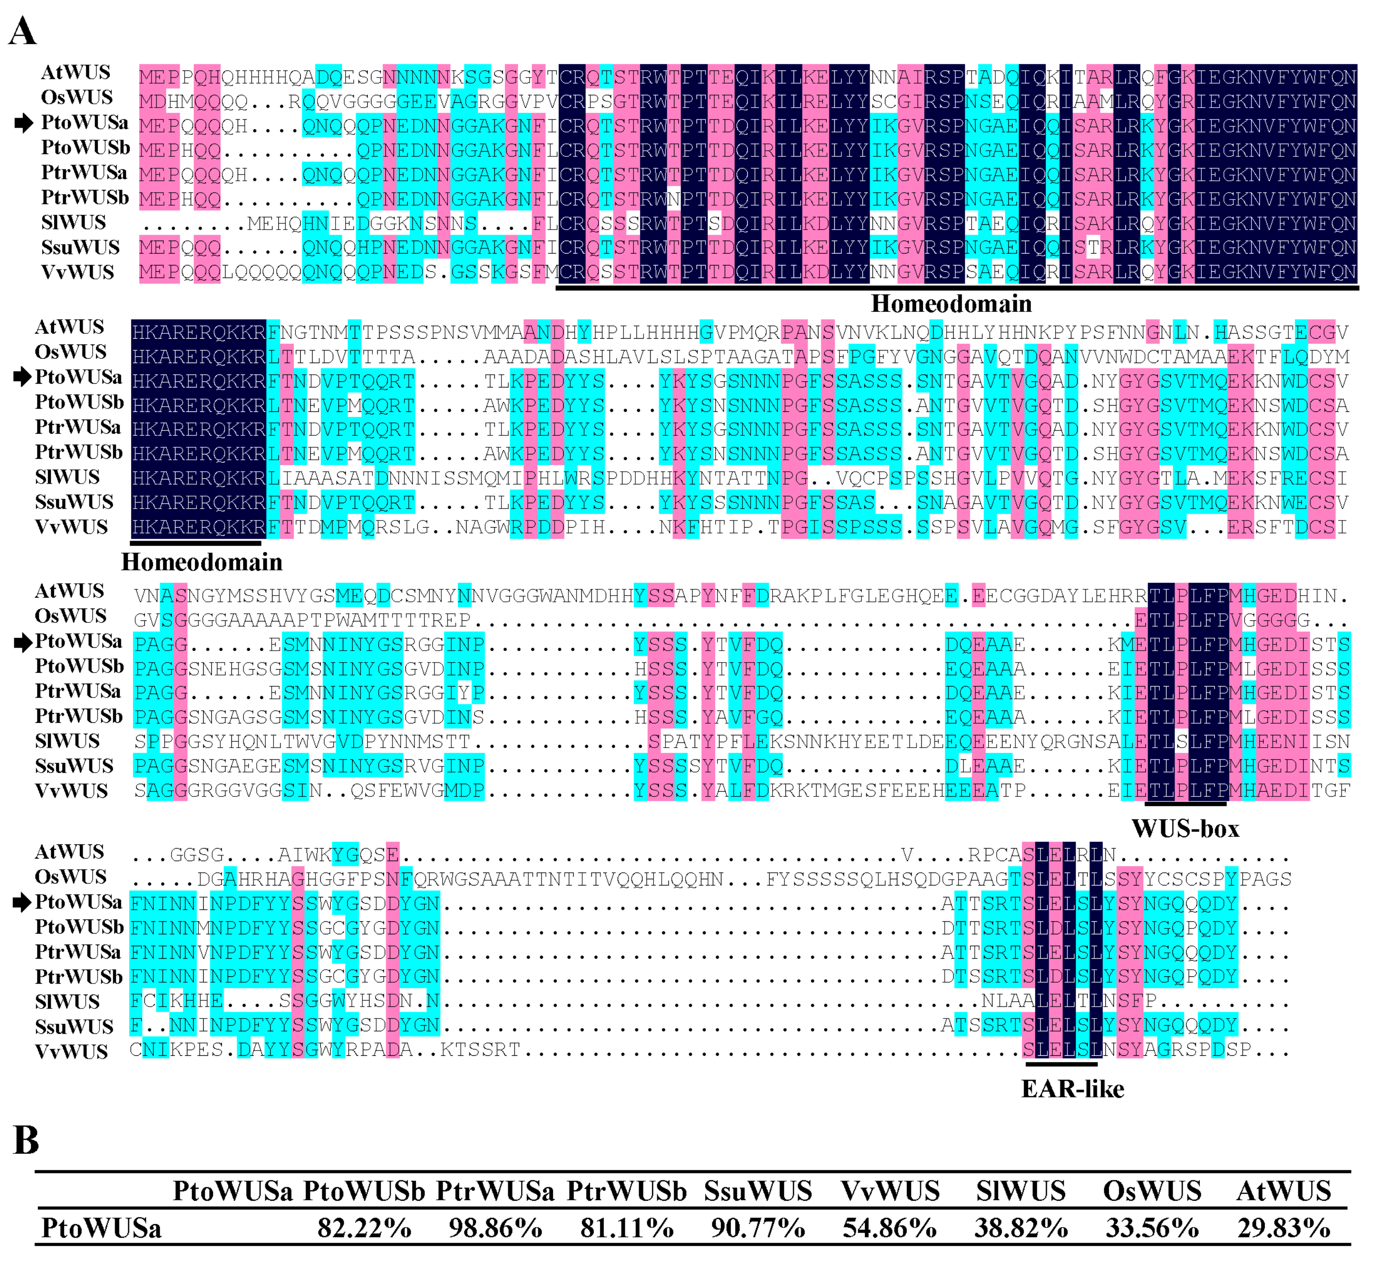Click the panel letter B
(x=26, y=1140)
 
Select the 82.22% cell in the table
(x=364, y=1229)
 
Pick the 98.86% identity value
(x=495, y=1229)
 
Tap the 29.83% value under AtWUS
(x=1284, y=1229)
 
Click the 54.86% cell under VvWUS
(x=889, y=1229)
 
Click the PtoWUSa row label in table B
(x=101, y=1229)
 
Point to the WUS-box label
(x=1186, y=829)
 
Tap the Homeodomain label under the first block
(x=951, y=304)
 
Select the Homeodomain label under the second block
(x=202, y=562)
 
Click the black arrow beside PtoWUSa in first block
(x=24, y=123)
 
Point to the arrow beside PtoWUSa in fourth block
(x=22, y=903)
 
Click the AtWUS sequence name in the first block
(x=75, y=72)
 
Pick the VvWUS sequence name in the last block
(x=71, y=1051)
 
